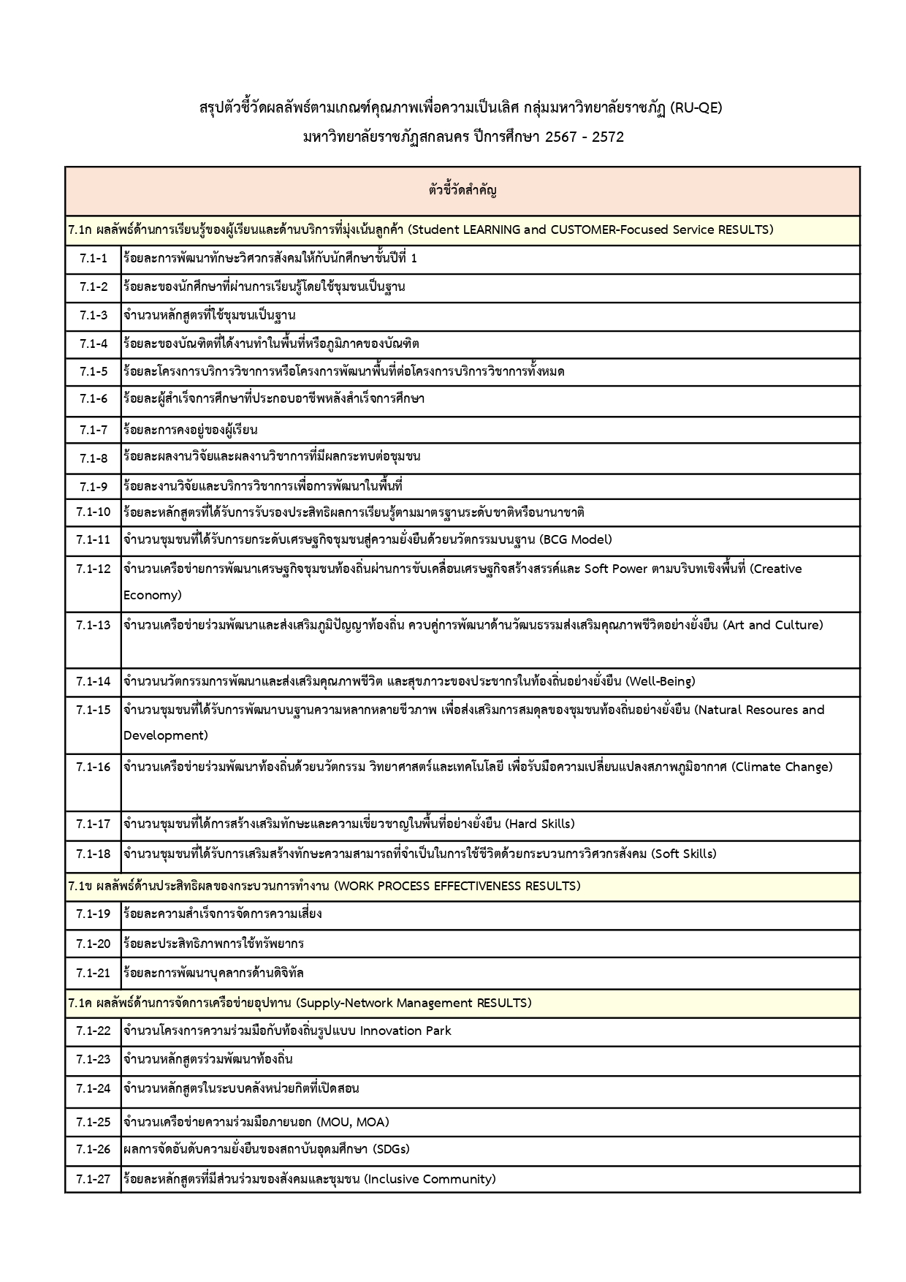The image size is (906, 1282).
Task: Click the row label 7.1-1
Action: tap(94, 259)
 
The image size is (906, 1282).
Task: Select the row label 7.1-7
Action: tap(94, 430)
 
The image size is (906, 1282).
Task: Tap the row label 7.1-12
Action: tap(94, 569)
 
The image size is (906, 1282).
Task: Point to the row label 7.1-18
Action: tap(94, 854)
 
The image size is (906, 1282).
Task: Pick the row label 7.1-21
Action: tap(94, 973)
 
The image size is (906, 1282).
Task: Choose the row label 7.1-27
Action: tap(94, 1179)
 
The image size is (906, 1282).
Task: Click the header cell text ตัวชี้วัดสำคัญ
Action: tap(462, 191)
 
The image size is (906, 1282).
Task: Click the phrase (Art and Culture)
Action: tap(773, 625)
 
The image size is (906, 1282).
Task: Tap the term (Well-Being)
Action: tap(661, 681)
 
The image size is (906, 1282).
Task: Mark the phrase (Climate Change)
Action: tap(782, 767)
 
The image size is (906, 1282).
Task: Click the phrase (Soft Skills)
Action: tap(683, 854)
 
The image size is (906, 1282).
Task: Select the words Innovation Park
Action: tap(406, 1031)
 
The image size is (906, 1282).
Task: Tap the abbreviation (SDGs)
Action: tap(391, 1149)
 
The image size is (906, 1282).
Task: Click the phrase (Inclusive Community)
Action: tap(430, 1179)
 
